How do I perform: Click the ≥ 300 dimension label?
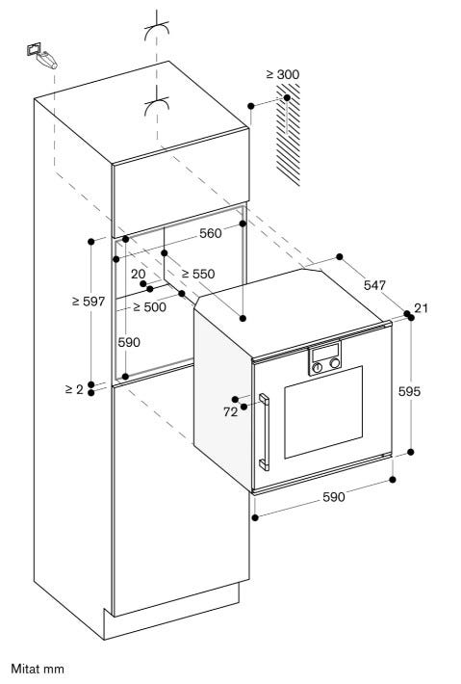[x=283, y=74]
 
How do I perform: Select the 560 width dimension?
[x=211, y=233]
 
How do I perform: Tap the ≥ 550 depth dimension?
[x=198, y=274]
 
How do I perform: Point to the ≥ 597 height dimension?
[x=89, y=301]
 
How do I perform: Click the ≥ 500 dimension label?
[x=149, y=307]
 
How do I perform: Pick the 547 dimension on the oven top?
[x=374, y=285]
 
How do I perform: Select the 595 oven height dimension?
[x=410, y=391]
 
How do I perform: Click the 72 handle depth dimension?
[x=231, y=411]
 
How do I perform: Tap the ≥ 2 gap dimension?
[x=74, y=389]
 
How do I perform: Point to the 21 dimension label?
[x=421, y=308]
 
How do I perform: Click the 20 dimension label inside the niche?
[x=139, y=274]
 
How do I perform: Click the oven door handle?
[x=264, y=432]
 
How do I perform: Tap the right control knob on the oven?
[x=335, y=363]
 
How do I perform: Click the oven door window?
[x=323, y=412]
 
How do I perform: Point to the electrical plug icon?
[x=41, y=56]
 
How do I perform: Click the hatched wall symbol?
[x=288, y=134]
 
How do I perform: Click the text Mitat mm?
[x=38, y=669]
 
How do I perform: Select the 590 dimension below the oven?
[x=333, y=497]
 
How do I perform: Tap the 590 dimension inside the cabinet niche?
[x=129, y=342]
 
